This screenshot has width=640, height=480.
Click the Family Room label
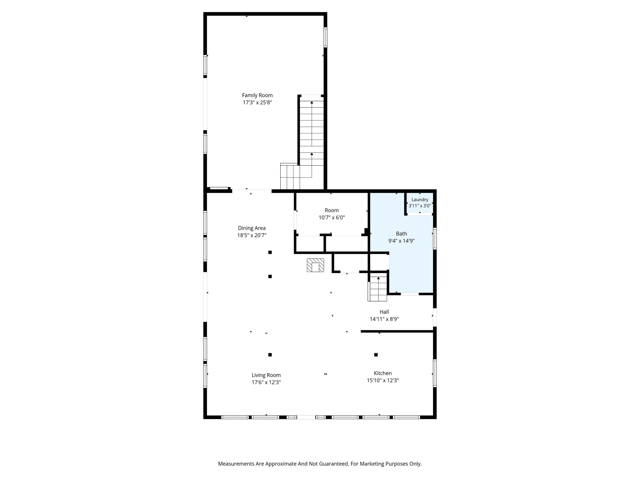[x=257, y=95]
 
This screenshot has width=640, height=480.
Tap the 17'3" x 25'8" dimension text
[x=257, y=102]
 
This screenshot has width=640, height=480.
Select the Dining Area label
[x=252, y=228]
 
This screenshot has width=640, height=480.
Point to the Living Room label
[x=266, y=375]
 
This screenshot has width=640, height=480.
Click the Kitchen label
[x=383, y=373]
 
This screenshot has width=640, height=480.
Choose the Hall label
[x=384, y=312]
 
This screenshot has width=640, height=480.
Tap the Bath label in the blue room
[x=402, y=233]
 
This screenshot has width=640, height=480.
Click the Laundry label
[x=420, y=200]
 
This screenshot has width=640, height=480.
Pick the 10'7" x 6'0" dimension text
[x=332, y=217]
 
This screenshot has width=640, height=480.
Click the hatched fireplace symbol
[x=315, y=265]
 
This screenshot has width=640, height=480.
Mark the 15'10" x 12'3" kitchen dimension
[x=383, y=380]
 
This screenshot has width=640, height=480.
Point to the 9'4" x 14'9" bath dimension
[x=402, y=241]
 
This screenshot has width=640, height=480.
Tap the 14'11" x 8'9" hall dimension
[x=384, y=319]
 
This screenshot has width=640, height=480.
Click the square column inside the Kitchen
[x=376, y=355]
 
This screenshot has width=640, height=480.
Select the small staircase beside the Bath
[x=378, y=289]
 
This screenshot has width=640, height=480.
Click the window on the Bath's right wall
[x=435, y=239]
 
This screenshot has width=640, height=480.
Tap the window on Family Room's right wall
[x=325, y=37]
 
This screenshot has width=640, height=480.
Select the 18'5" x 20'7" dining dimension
[x=252, y=235]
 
